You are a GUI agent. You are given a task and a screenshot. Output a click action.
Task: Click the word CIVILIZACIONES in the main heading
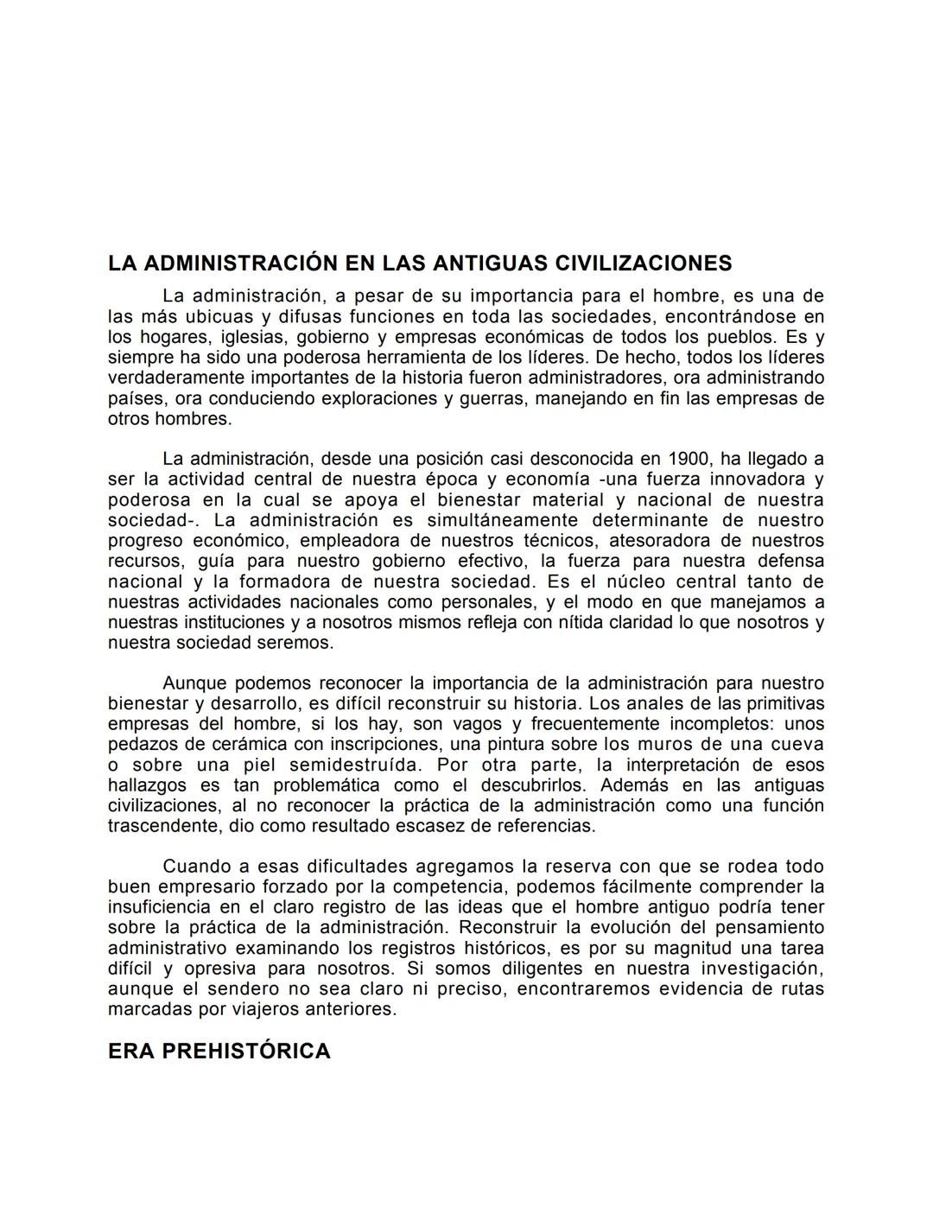(x=643, y=264)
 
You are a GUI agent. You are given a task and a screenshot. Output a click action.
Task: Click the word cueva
(x=797, y=745)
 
